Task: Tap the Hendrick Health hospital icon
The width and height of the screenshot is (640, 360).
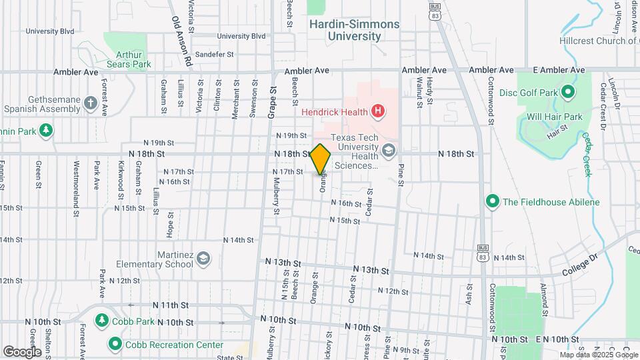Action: point(378,111)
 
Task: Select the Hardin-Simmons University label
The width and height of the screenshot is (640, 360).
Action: point(354,30)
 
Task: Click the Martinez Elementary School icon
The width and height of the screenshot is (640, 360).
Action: point(203,259)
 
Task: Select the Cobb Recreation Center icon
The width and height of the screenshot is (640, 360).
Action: point(115,345)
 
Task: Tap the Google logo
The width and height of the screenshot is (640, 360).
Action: point(21,351)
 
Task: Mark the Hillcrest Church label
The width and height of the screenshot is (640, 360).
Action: point(597,41)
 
